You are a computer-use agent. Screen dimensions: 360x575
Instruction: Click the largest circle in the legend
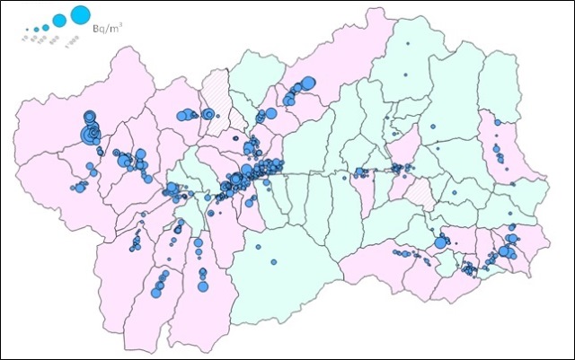point(79,15)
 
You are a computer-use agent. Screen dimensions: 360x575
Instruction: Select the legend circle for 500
point(59,20)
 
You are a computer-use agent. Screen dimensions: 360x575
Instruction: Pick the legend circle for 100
point(45,23)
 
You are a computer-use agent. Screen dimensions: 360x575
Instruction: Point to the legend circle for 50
point(35,26)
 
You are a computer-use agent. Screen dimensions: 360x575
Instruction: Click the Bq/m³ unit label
point(107,30)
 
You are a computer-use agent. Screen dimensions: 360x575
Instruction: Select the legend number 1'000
point(73,42)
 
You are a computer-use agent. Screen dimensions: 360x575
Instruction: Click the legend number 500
point(56,40)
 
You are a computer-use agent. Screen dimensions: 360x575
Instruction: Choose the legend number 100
point(42,40)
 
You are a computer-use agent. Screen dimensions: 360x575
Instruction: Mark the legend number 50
point(34,38)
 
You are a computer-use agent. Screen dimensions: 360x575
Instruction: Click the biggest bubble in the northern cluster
point(306,83)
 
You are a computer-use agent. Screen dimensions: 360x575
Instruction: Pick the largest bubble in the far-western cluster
point(91,135)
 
